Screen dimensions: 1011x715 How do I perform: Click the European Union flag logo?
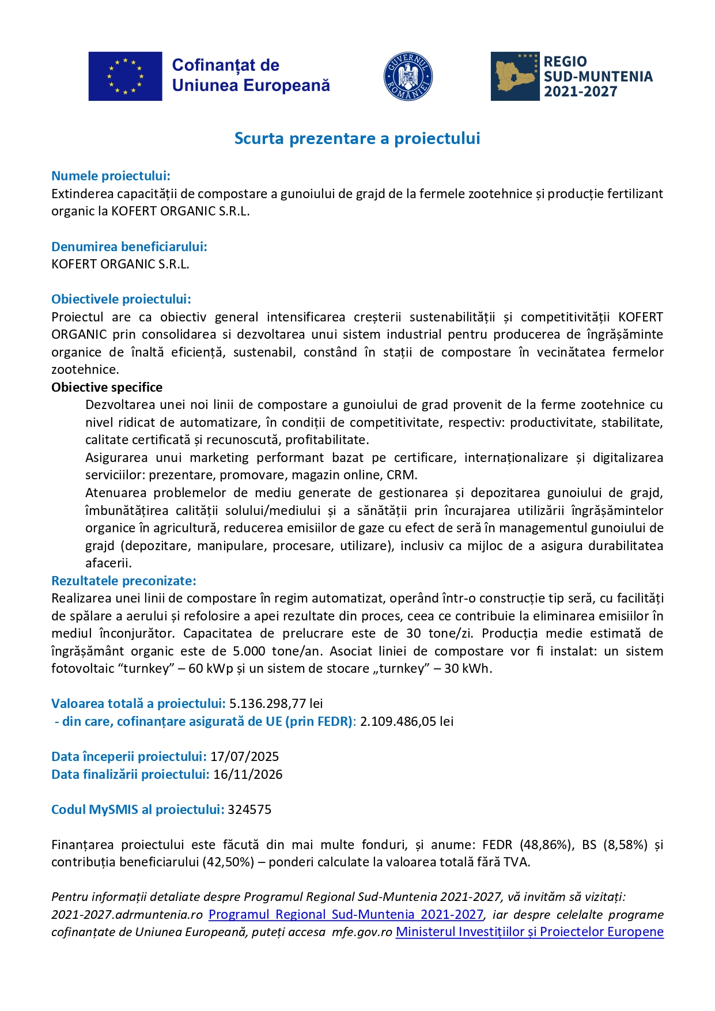125,76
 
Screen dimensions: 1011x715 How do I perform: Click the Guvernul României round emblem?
408,77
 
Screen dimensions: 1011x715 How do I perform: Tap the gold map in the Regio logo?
515,77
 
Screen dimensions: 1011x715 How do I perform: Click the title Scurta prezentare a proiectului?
357,138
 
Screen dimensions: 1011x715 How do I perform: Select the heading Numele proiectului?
111,176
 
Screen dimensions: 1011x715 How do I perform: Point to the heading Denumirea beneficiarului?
129,247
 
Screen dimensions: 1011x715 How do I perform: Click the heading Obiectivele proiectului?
121,299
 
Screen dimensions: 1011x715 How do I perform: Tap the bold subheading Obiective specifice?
107,387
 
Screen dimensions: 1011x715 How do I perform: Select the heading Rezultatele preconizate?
124,581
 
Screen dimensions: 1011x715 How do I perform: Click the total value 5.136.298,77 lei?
276,703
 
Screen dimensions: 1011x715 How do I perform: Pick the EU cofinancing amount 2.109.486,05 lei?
407,721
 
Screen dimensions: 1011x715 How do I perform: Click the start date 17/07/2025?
244,756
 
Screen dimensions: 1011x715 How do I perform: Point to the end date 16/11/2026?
248,774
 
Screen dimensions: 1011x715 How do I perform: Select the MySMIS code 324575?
249,809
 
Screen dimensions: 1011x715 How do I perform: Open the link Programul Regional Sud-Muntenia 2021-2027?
346,914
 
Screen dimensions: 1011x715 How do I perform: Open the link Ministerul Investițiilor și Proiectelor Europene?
529,932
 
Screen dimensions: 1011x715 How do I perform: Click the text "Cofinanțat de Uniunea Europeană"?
251,75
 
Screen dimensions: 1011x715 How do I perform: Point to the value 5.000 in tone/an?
249,651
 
